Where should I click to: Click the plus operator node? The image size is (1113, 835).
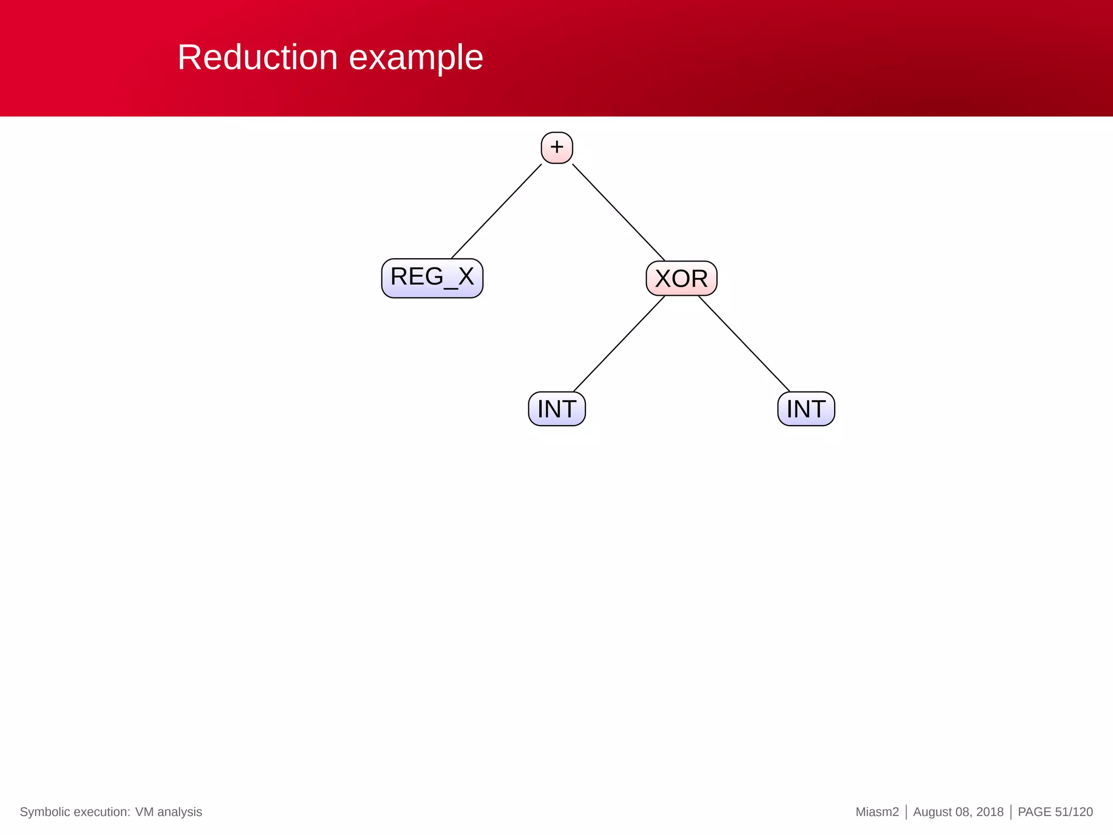click(556, 147)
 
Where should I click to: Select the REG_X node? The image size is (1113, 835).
click(432, 278)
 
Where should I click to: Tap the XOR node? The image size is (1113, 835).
click(681, 278)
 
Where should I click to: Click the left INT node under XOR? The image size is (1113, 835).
click(556, 409)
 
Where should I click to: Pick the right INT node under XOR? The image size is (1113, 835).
click(806, 409)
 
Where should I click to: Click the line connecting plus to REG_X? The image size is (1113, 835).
click(496, 211)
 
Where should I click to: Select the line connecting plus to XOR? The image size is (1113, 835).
click(618, 213)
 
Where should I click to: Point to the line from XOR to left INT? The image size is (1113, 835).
click(619, 344)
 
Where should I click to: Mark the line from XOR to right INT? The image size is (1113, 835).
click(744, 344)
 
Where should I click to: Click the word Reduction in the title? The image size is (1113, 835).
click(258, 57)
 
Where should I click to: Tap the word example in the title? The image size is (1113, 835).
click(416, 58)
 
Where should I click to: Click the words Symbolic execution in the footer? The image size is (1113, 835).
click(74, 812)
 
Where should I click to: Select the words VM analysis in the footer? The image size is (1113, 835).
click(168, 812)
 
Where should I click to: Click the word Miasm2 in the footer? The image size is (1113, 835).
click(877, 812)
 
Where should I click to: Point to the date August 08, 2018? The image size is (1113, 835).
click(958, 812)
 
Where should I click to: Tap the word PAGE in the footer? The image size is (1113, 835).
click(1034, 812)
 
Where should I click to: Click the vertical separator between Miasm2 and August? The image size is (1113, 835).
click(906, 812)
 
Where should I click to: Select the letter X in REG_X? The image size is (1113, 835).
click(466, 277)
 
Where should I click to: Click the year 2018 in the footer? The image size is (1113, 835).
click(990, 812)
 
